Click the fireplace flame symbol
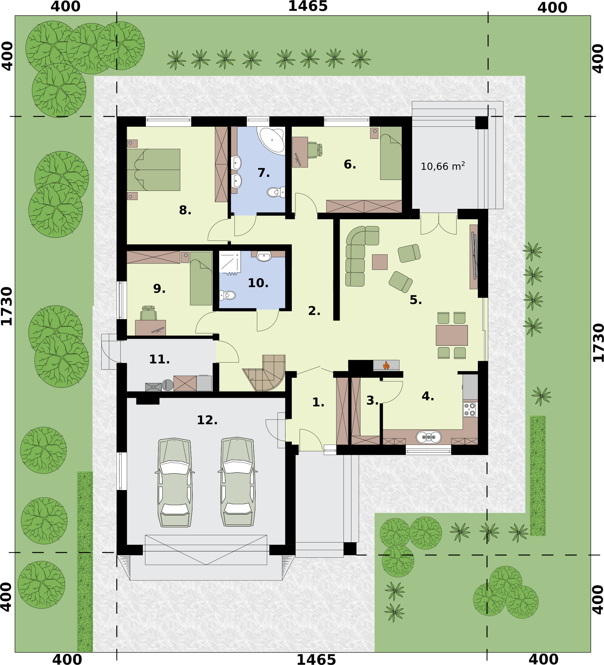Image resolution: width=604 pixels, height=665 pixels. click(x=386, y=365)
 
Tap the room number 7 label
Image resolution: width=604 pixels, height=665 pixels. click(x=264, y=173)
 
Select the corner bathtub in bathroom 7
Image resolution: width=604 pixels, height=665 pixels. click(x=271, y=140)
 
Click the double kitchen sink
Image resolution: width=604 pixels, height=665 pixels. click(x=429, y=437)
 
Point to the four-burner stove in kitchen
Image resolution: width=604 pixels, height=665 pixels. click(x=469, y=409)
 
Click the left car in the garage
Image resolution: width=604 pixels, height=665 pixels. click(x=175, y=482)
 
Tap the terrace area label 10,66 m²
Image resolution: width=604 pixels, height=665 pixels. click(x=443, y=166)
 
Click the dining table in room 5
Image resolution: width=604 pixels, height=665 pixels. click(x=452, y=335)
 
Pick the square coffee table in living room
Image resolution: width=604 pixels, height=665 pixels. click(x=380, y=262)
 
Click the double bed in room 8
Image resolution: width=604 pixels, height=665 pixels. click(x=154, y=170)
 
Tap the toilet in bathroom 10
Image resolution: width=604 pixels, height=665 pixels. click(x=227, y=295)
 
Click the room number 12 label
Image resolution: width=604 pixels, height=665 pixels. click(x=207, y=420)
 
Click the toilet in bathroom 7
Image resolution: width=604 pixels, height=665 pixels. click(x=276, y=192)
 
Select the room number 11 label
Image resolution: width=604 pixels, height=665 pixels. click(x=159, y=359)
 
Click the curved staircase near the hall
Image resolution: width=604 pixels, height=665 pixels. click(x=265, y=373)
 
